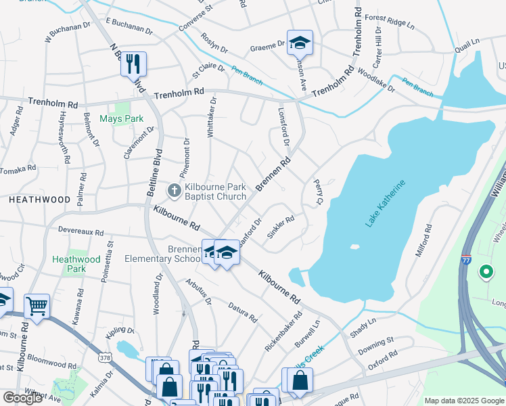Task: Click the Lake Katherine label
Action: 385,204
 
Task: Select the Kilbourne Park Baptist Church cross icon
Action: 174,191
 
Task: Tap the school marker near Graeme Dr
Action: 298,43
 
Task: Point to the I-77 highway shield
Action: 466,260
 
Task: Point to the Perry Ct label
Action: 319,191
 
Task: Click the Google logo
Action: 22,398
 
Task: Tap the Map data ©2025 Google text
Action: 463,401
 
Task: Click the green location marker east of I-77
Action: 485,272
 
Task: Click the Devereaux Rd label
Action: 82,232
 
